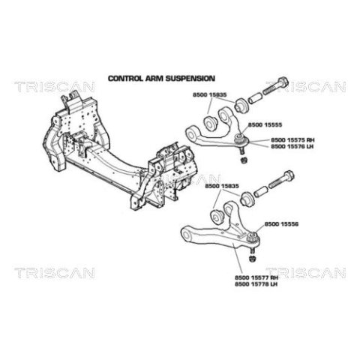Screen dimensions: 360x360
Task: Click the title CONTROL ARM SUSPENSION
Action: coord(161,79)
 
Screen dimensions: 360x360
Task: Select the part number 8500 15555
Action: coord(265,124)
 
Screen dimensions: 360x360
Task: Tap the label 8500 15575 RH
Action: coord(292,140)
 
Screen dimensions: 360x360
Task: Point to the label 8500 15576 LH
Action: coord(292,146)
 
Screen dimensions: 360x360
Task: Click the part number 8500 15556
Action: coord(281,224)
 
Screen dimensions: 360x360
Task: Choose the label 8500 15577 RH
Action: coord(256,277)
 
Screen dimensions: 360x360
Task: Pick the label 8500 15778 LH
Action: coord(256,284)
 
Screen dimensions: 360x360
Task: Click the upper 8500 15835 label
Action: coord(209,95)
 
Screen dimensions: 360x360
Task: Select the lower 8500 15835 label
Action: coord(222,186)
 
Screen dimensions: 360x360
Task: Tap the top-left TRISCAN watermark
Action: coord(55,87)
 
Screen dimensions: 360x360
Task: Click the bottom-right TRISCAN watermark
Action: coord(306,273)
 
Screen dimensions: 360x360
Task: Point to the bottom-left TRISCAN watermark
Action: coord(55,273)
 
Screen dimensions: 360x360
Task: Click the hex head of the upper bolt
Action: coord(283,82)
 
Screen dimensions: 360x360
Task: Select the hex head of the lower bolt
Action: coord(289,175)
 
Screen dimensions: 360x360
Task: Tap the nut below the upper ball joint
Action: coord(242,160)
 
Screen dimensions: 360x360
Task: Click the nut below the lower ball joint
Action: coord(252,259)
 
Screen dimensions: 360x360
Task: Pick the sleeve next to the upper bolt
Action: coord(255,98)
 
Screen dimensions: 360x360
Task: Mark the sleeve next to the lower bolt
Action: coord(261,192)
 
